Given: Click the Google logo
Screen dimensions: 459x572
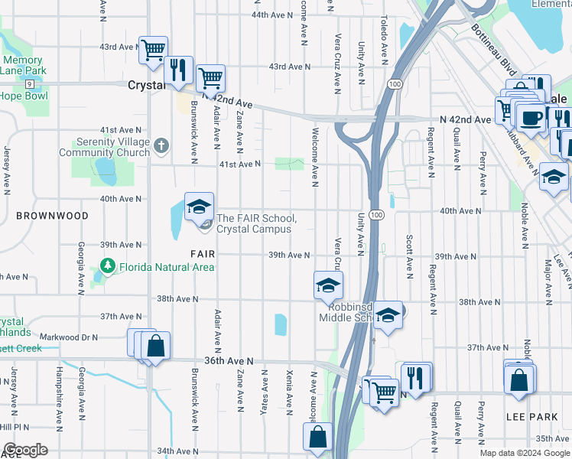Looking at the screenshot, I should (x=26, y=450).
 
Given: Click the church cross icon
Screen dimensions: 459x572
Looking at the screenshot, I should (x=161, y=145).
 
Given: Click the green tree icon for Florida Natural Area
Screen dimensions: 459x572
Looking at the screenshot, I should (x=108, y=267).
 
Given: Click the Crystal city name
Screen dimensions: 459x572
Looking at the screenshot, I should (x=147, y=86).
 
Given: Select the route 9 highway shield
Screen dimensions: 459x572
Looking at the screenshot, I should (x=28, y=83).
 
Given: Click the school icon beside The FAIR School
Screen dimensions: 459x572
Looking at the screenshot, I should (x=198, y=207).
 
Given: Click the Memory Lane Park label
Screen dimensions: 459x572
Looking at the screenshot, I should (x=23, y=66).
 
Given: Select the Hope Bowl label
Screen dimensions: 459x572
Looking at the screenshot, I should (x=23, y=96).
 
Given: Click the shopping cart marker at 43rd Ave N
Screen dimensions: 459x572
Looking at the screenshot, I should (x=153, y=50).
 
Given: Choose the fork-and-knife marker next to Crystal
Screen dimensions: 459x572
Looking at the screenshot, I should (x=178, y=70).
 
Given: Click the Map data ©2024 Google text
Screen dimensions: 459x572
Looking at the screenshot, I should (x=524, y=453).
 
